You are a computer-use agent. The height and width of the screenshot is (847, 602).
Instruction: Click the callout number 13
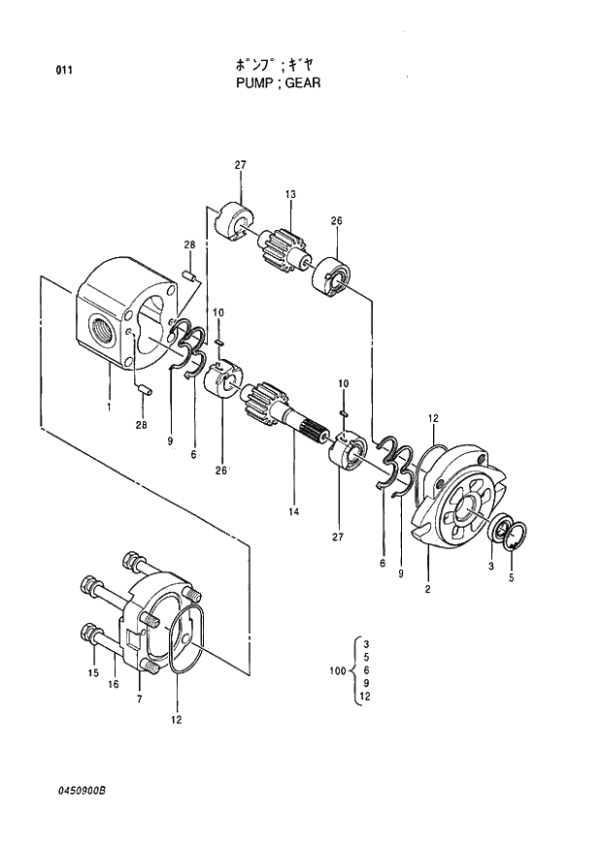pos(290,195)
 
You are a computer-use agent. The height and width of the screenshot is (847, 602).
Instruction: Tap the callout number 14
pos(293,511)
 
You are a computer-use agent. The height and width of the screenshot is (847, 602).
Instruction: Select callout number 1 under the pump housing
pos(109,407)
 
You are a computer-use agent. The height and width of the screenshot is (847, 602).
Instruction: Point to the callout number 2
pos(427,589)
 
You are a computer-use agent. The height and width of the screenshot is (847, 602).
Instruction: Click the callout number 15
pos(93,673)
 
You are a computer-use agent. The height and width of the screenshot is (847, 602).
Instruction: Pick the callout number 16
pos(113,685)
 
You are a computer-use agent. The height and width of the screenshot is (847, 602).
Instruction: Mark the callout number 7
pos(139,699)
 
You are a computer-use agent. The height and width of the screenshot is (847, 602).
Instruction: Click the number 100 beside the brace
pos(338,670)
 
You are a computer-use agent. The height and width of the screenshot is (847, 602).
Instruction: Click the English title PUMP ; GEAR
pos(278,83)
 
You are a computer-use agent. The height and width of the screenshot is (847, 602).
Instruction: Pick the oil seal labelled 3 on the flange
pos(503,531)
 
